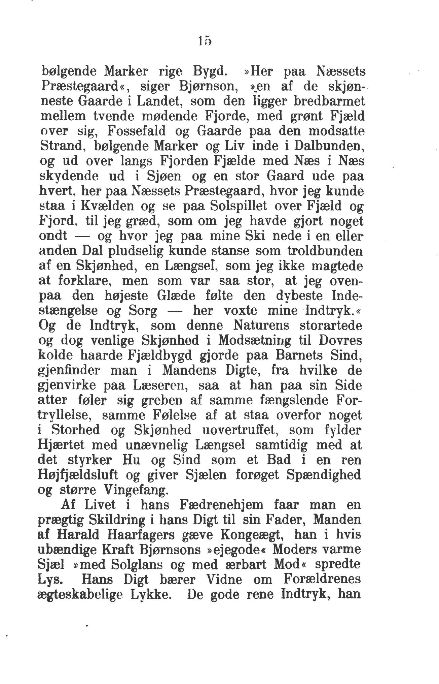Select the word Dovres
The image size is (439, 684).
[x=338, y=341]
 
